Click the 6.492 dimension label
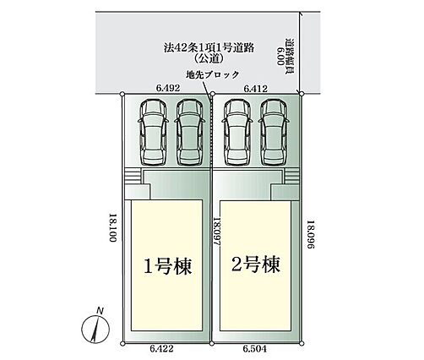(x=168, y=88)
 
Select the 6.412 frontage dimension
(x=255, y=89)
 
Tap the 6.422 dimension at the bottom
(x=161, y=349)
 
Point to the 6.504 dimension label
(x=254, y=349)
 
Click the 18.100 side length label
(x=113, y=227)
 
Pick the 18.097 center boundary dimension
(x=216, y=232)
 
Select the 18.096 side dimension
(x=310, y=234)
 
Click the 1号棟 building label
(x=168, y=266)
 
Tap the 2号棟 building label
(x=256, y=265)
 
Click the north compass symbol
(x=95, y=329)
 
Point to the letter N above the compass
(x=100, y=311)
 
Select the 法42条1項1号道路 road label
(x=209, y=47)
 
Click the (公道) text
(x=209, y=58)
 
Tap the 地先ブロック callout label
(x=213, y=74)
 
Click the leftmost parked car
(x=153, y=132)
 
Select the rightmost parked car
(x=274, y=132)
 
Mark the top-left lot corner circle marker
(x=122, y=94)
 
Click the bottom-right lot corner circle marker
(x=302, y=343)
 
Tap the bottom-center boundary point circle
(x=212, y=343)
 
